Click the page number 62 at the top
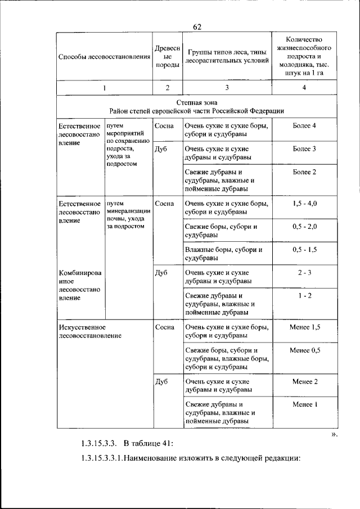click(197, 27)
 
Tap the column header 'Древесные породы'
click(167, 57)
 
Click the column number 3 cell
click(227, 87)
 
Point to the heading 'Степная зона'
click(197, 103)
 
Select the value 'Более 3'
click(304, 148)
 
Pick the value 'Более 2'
click(304, 172)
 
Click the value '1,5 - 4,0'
click(304, 203)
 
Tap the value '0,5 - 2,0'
click(304, 226)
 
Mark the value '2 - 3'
click(304, 272)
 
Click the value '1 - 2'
click(304, 295)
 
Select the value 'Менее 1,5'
click(304, 327)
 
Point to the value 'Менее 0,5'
click(304, 350)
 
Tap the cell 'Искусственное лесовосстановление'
click(90, 331)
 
